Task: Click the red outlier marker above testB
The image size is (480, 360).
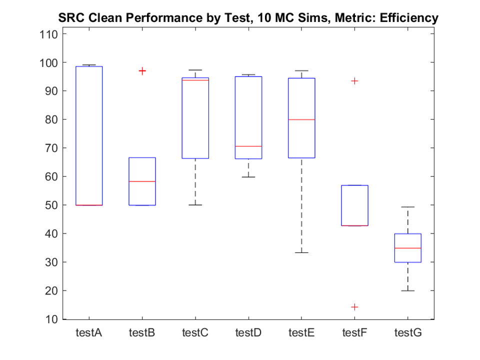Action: click(142, 71)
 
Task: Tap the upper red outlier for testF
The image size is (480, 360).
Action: click(354, 81)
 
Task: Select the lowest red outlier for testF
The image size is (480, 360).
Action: click(354, 307)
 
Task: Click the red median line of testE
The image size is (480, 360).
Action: click(301, 119)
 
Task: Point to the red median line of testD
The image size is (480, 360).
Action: click(248, 146)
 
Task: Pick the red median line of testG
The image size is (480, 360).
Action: click(407, 248)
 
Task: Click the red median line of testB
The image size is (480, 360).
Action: click(142, 181)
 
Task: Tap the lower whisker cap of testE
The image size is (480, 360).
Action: click(301, 252)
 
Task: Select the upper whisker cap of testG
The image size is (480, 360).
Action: click(407, 207)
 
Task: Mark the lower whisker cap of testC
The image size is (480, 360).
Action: click(195, 205)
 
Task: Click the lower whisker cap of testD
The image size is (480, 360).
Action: click(248, 177)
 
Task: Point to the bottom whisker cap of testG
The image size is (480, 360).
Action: click(407, 290)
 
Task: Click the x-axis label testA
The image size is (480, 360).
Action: click(89, 332)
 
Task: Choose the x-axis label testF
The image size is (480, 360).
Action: click(354, 332)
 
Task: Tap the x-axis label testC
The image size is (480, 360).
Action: click(195, 332)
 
